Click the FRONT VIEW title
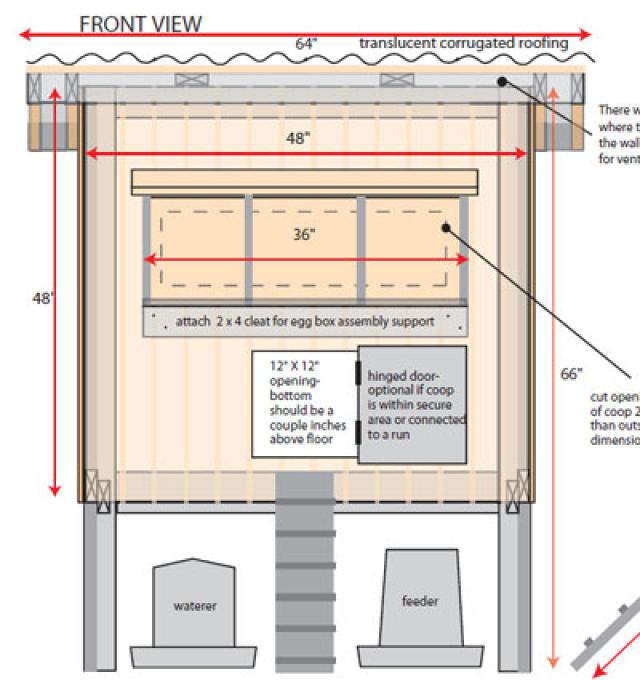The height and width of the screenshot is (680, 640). click(x=140, y=23)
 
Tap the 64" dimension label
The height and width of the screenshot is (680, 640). click(x=306, y=43)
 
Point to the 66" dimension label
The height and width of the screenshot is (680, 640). click(x=571, y=374)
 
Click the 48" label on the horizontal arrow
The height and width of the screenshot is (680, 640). click(x=297, y=139)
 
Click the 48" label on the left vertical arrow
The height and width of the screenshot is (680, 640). click(x=42, y=298)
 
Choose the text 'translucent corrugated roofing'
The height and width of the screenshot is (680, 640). click(x=463, y=43)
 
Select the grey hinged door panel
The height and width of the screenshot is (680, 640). click(x=412, y=404)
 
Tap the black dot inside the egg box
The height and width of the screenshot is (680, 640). click(x=447, y=229)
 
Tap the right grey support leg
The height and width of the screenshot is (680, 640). click(x=515, y=590)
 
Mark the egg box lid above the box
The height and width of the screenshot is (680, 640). click(x=304, y=182)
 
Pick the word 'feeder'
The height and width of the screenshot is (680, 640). click(x=420, y=601)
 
